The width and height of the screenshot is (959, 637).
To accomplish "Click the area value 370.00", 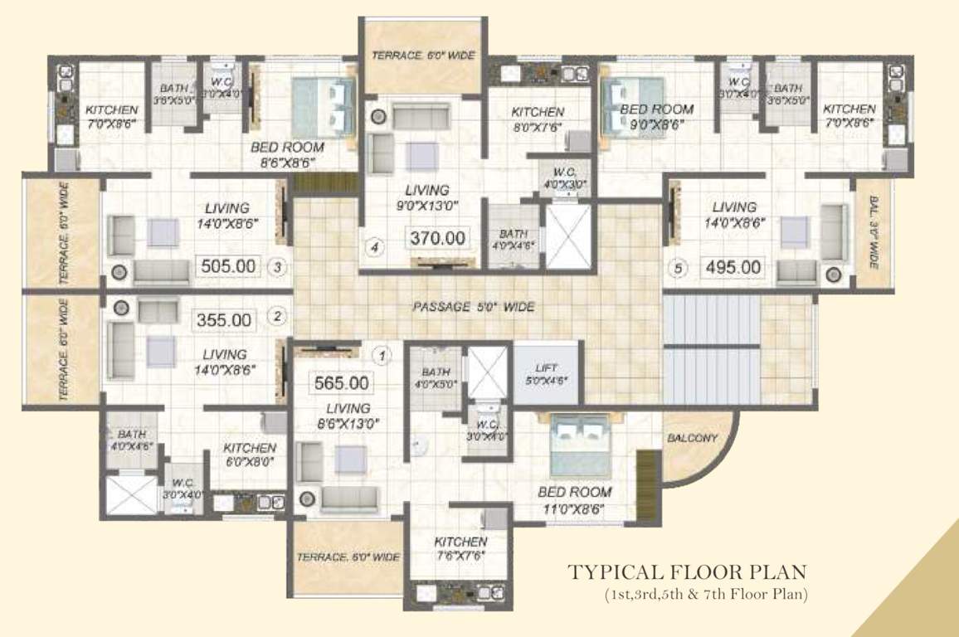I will pyautogui.click(x=436, y=238).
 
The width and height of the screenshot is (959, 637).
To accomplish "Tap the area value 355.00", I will pyautogui.click(x=223, y=319).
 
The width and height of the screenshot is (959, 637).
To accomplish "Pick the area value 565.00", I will pyautogui.click(x=341, y=383).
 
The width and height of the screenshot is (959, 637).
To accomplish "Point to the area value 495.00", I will pyautogui.click(x=733, y=267).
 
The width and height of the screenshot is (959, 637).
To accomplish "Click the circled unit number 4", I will pyautogui.click(x=375, y=247).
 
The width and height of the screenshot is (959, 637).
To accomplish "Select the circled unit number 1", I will pyautogui.click(x=382, y=357).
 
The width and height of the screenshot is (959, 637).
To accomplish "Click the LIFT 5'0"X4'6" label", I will pyautogui.click(x=546, y=373).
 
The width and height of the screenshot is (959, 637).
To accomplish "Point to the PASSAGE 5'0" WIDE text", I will pyautogui.click(x=473, y=307).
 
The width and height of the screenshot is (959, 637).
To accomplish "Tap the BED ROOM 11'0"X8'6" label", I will pyautogui.click(x=575, y=499).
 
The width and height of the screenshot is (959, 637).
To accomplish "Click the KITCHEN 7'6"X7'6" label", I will pyautogui.click(x=460, y=548).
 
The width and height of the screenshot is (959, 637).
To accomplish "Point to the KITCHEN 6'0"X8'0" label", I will pyautogui.click(x=249, y=455).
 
